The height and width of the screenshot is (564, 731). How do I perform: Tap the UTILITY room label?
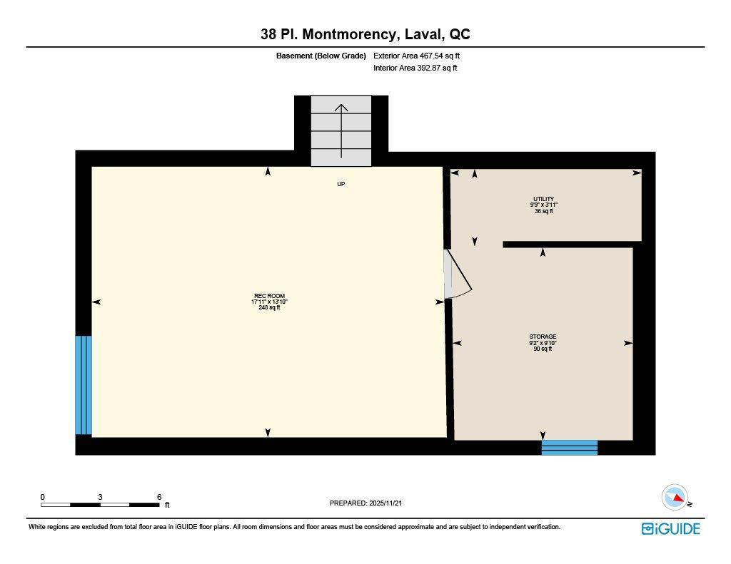pos(543,199)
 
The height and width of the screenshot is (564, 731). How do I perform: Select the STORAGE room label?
pos(543,337)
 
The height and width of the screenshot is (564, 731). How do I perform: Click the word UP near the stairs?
pos(341,184)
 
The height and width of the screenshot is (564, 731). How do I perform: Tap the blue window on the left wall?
pos(84,385)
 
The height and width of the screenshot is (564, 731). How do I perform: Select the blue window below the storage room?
pos(569,448)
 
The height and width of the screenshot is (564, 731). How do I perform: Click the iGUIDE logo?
pos(670,528)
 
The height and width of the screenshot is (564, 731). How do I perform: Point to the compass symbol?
pos(675,497)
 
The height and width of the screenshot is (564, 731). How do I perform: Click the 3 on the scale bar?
pos(101,497)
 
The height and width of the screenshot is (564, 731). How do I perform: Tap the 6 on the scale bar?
pos(159,497)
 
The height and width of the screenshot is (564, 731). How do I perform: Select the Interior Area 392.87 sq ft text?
pos(415,68)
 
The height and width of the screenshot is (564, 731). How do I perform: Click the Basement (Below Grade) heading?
pos(321,56)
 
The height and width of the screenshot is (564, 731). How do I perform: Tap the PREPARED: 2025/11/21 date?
pos(370,503)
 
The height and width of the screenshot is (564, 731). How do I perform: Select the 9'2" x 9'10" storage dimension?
pos(543,343)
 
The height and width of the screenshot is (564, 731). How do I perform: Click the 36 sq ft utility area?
pos(543,211)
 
